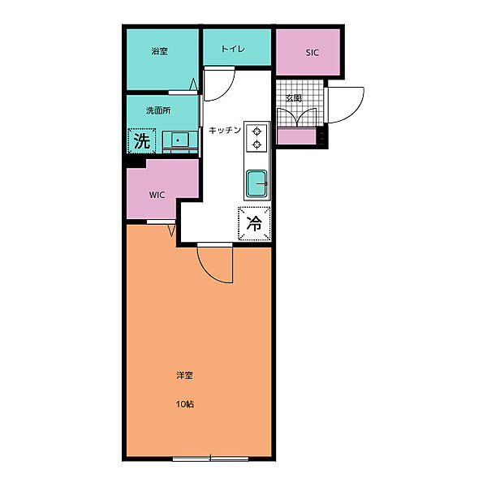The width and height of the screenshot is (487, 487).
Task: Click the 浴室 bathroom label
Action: (160, 51)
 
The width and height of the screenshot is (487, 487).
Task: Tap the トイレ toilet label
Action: (233, 49)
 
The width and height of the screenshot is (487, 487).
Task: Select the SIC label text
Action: (312, 53)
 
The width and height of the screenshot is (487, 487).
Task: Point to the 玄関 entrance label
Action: (294, 98)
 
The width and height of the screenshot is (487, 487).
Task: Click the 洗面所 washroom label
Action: (158, 110)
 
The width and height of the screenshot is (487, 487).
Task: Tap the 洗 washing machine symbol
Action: (142, 140)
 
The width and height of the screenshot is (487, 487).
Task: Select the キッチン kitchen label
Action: (225, 130)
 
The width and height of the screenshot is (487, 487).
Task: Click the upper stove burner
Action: (256, 131)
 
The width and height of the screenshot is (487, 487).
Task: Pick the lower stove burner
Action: (256, 144)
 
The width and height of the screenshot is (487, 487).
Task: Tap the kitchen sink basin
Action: (256, 183)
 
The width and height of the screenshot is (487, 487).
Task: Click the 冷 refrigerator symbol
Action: (254, 223)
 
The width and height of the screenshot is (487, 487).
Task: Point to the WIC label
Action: (157, 195)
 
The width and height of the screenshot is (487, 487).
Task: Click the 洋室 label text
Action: (185, 376)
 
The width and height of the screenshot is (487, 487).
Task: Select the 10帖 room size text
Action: (185, 404)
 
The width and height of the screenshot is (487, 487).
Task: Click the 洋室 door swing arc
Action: (206, 272)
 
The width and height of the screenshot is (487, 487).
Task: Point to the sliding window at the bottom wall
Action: (210, 459)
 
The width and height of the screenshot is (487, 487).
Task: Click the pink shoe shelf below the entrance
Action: (296, 136)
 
